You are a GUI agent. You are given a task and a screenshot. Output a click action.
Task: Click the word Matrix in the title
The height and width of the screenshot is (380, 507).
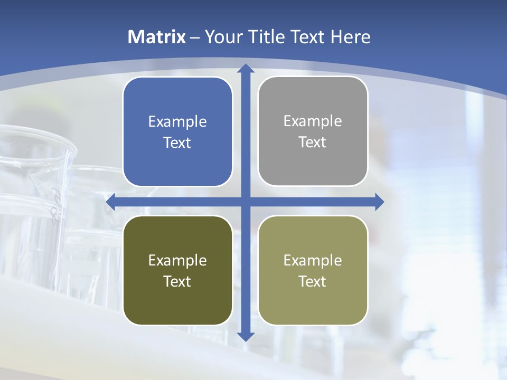click(x=157, y=37)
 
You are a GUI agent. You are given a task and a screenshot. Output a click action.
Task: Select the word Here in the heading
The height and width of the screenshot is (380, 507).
click(x=351, y=37)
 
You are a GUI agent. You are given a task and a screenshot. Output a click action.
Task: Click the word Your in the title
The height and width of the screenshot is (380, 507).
click(x=221, y=37)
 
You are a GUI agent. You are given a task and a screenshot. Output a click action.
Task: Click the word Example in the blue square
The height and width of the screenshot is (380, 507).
click(x=177, y=122)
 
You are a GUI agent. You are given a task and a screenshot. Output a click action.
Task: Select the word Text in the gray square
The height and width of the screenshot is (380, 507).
click(x=313, y=142)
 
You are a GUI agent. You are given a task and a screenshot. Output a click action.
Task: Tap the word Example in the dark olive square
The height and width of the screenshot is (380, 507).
click(x=177, y=261)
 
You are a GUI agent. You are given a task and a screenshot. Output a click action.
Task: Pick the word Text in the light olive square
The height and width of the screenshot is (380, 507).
click(x=313, y=282)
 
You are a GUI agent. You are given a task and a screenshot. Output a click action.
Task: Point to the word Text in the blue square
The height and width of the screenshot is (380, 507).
click(x=177, y=143)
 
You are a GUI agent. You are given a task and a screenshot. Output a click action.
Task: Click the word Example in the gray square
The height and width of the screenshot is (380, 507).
click(x=313, y=121)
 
